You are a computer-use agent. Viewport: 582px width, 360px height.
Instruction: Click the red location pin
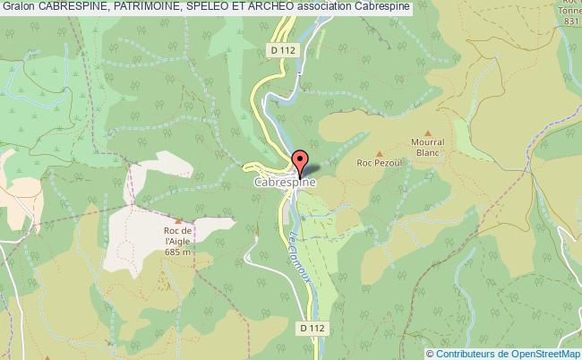(x=301, y=162)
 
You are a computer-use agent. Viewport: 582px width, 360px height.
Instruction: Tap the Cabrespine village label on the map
(x=283, y=181)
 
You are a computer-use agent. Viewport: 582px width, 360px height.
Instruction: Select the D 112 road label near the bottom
(x=311, y=329)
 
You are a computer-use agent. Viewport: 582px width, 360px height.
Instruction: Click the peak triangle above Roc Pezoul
(x=378, y=152)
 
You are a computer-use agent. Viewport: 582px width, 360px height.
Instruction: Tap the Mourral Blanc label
(x=428, y=146)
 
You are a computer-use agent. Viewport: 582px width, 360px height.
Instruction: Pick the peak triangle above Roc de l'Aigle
(x=178, y=220)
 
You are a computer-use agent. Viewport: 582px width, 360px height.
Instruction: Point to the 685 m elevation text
(x=178, y=253)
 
